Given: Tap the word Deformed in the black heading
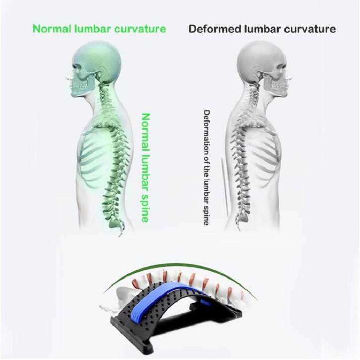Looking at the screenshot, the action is (x=212, y=28).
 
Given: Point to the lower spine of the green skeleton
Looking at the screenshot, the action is (x=110, y=204).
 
